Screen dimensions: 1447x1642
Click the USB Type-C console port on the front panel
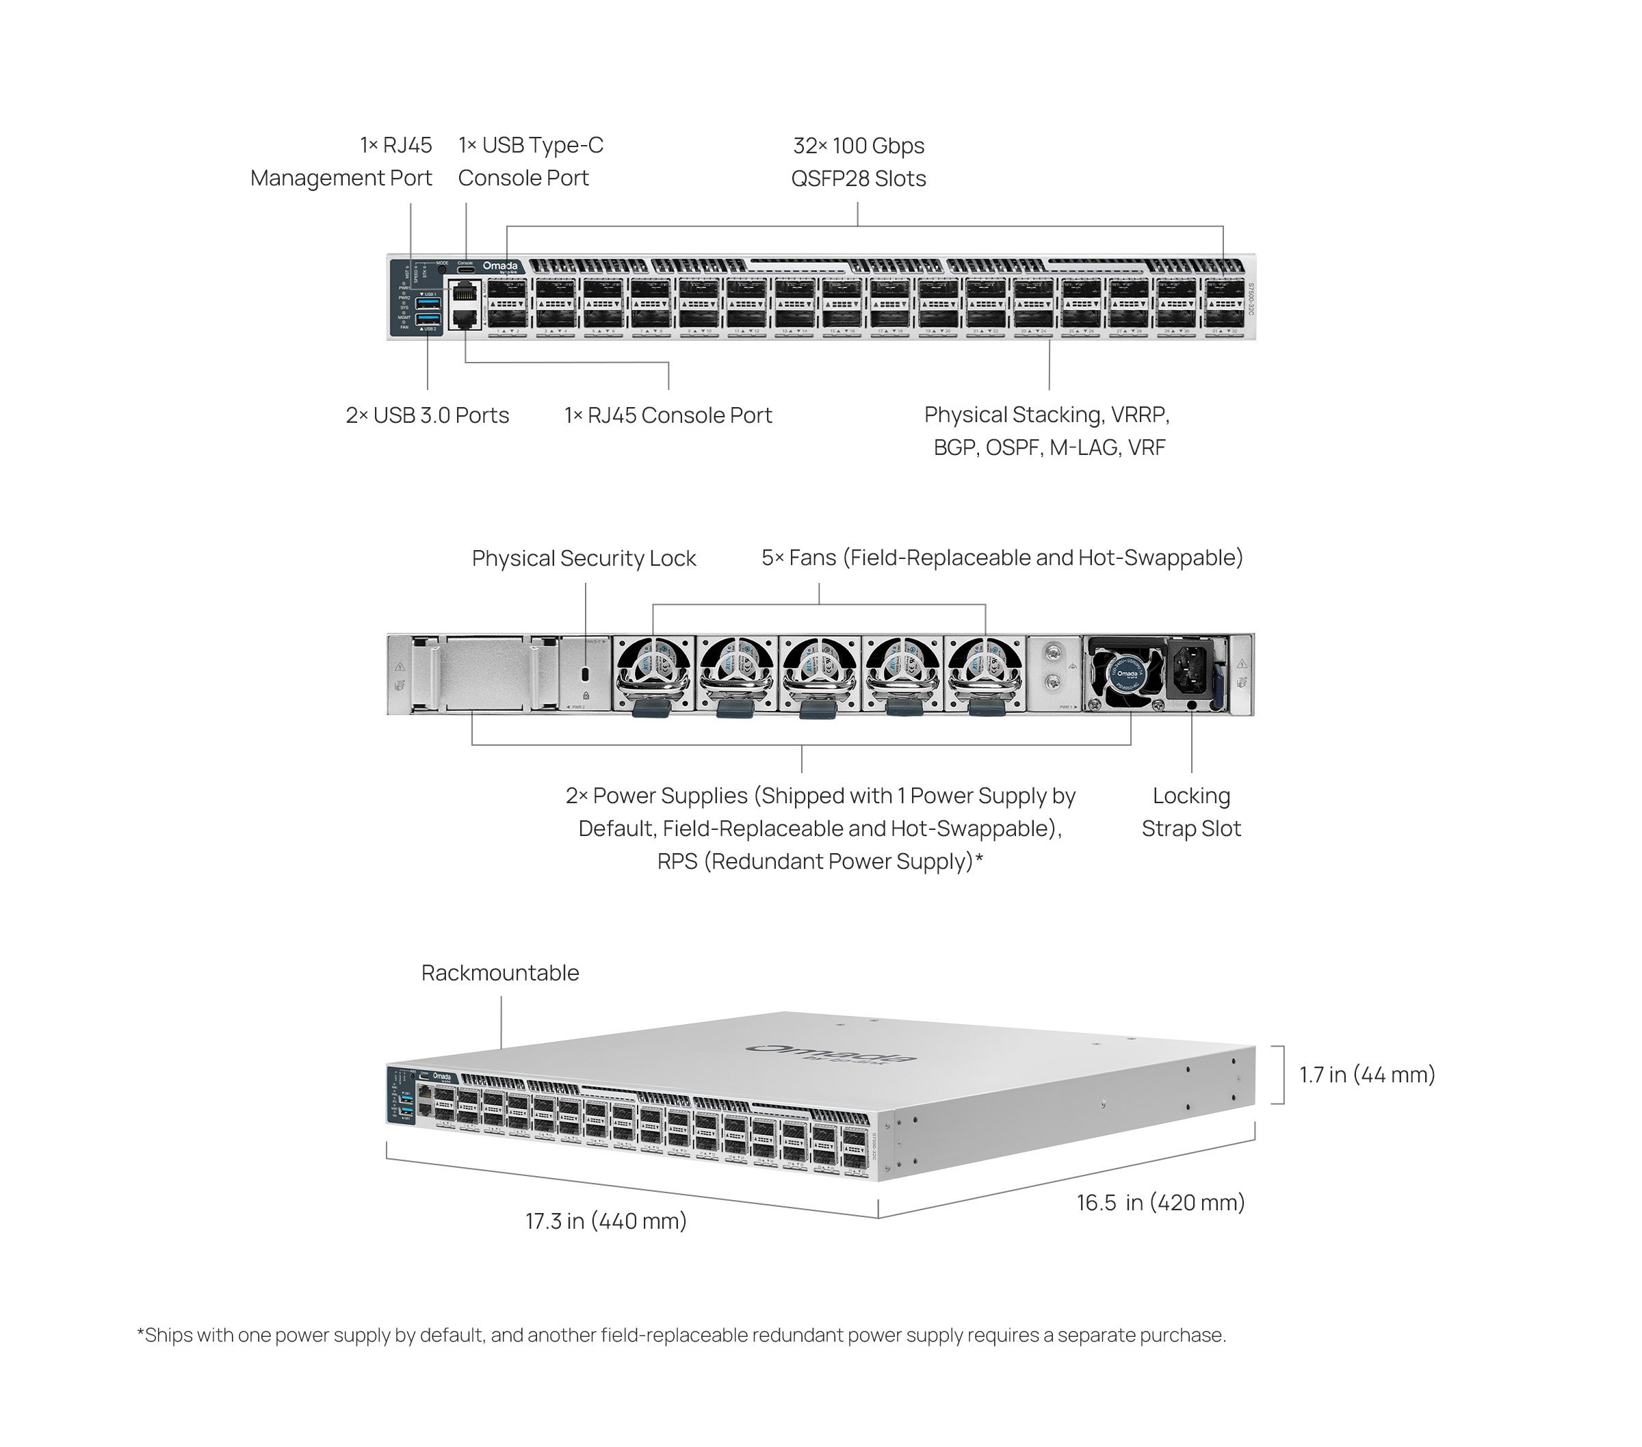pyautogui.click(x=466, y=272)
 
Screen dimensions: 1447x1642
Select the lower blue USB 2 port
pyautogui.click(x=428, y=320)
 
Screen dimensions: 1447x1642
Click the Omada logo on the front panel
pyautogui.click(x=499, y=267)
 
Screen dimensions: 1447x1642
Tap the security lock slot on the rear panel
pyautogui.click(x=586, y=673)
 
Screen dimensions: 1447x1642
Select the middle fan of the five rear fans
pyautogui.click(x=818, y=673)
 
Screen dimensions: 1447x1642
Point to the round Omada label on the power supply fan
pyautogui.click(x=1127, y=673)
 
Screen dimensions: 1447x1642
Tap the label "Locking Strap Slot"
pyautogui.click(x=1190, y=812)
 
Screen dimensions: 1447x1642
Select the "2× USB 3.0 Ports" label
pyautogui.click(x=428, y=415)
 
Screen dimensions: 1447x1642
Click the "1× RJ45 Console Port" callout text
pyautogui.click(x=668, y=415)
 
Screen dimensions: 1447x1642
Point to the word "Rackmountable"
pyautogui.click(x=499, y=973)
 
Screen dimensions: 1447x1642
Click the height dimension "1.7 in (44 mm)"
pyautogui.click(x=1366, y=1075)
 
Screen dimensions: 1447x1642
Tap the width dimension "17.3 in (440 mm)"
pyautogui.click(x=605, y=1221)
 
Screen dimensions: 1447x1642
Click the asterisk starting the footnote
pyautogui.click(x=140, y=1335)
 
